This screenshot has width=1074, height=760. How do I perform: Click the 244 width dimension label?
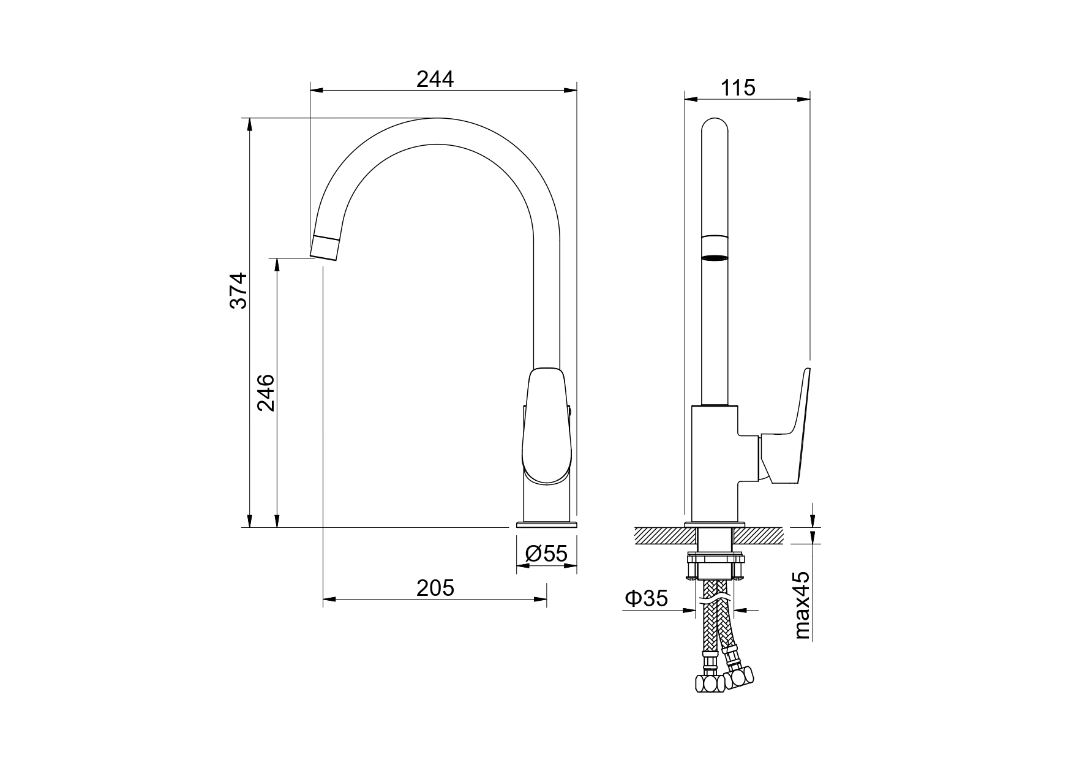tap(435, 79)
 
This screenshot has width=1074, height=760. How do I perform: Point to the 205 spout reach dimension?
tap(435, 588)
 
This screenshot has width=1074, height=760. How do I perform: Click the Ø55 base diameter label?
tap(547, 554)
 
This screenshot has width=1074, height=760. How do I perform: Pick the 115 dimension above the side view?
tap(738, 88)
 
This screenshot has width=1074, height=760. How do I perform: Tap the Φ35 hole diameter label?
tap(646, 598)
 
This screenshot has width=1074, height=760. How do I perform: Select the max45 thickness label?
tap(802, 605)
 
